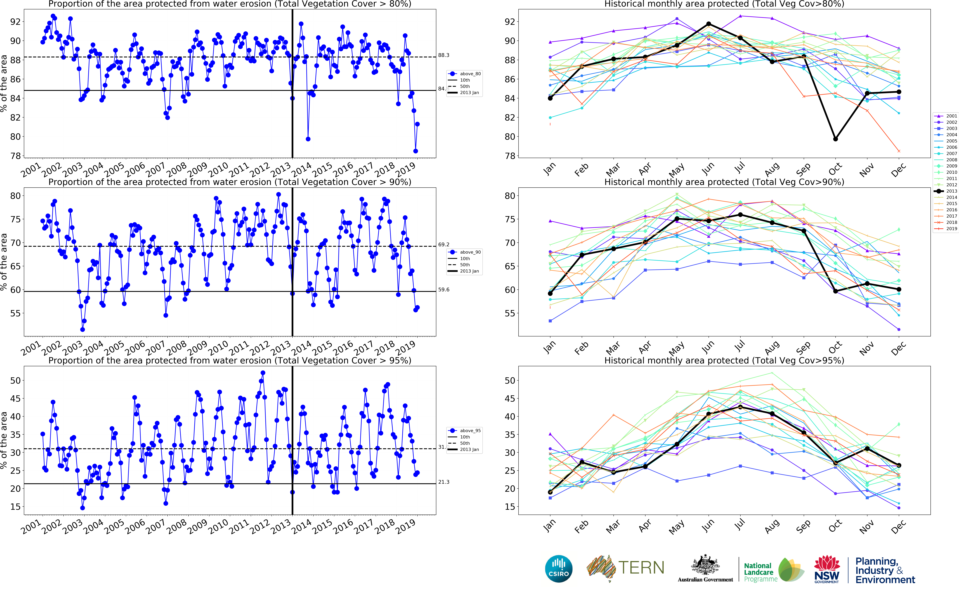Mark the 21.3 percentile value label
click(444, 482)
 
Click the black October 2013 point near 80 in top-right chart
click(835, 139)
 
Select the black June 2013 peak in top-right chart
click(709, 24)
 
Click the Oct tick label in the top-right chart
click(835, 169)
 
